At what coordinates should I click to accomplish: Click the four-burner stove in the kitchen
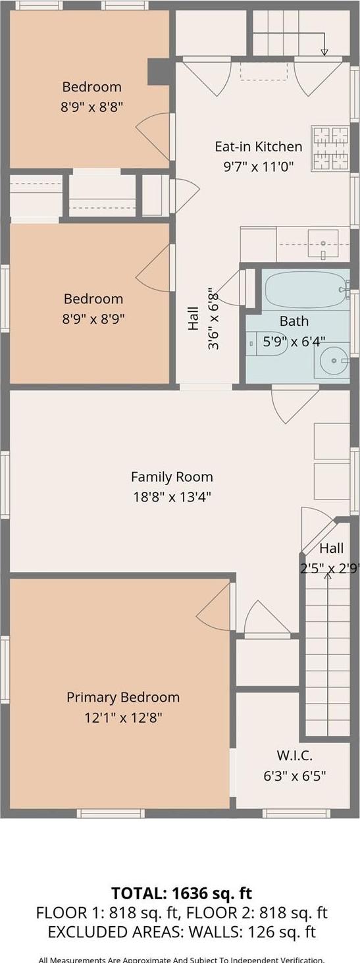coord(330,149)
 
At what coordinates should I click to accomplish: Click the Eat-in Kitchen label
coord(259,147)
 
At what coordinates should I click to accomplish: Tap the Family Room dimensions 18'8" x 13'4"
coord(172,497)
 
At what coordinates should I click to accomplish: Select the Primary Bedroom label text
coord(123,697)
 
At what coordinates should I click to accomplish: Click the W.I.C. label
coord(294,756)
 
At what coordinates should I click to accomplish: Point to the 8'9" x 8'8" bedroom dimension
coord(92,106)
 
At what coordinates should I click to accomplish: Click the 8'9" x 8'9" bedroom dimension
coord(93,319)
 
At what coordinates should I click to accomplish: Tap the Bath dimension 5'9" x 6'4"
coord(294,341)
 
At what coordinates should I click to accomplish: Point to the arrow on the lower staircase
coord(327,577)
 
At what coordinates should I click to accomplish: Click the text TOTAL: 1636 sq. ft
coord(182,893)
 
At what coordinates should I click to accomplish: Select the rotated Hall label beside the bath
coord(193,319)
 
